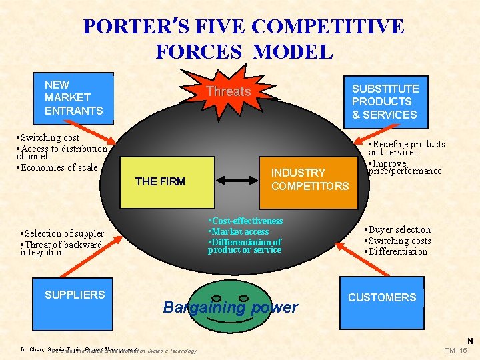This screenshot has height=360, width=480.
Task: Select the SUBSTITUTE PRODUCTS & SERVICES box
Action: pos(385,101)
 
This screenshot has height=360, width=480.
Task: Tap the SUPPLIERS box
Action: pos(75,295)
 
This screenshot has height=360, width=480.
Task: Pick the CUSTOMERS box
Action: pos(383,297)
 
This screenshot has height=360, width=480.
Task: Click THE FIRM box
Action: pos(160,181)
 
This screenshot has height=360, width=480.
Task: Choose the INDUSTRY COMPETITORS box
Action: pos(309,179)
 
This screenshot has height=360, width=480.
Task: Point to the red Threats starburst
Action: pos(228,91)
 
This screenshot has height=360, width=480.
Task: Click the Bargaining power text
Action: pos(230,307)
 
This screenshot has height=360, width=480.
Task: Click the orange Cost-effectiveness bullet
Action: pos(245,221)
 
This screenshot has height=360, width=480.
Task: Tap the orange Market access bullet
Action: pos(238,231)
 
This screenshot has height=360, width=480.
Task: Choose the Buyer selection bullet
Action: pos(397,229)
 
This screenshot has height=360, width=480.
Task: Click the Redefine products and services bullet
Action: pos(407,148)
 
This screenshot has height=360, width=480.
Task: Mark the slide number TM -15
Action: pos(457,350)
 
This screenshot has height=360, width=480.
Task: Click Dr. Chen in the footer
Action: pos(33,349)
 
